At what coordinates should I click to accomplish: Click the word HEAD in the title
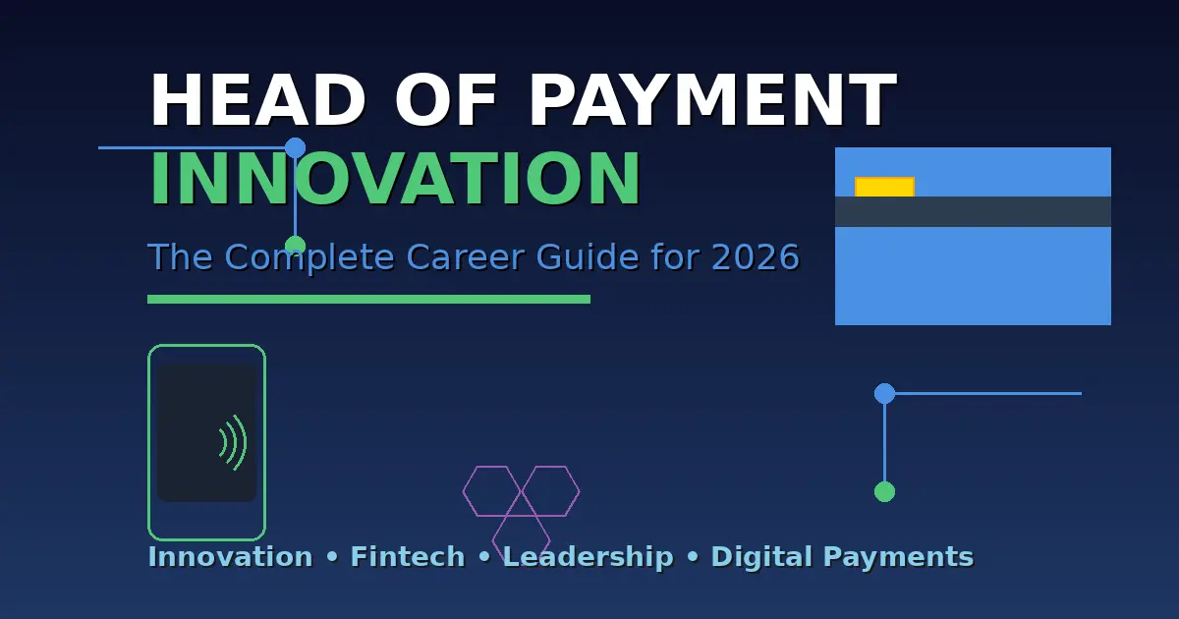(256, 102)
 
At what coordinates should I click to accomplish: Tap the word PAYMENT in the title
(712, 102)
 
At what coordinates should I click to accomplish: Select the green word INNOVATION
(395, 181)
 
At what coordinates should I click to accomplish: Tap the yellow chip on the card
(884, 187)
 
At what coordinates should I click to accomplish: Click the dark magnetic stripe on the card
(973, 211)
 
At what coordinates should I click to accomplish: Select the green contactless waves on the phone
(233, 442)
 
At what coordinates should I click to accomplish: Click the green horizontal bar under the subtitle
(368, 299)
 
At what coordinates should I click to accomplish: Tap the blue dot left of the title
(295, 148)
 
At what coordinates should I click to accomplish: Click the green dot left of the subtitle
(295, 245)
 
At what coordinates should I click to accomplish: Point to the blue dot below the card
(884, 393)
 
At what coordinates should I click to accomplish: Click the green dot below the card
(884, 491)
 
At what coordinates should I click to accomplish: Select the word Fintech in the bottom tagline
(408, 557)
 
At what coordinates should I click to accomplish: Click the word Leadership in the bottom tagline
(588, 557)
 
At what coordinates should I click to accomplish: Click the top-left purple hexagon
(491, 490)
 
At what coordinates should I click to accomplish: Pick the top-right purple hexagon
(550, 490)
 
